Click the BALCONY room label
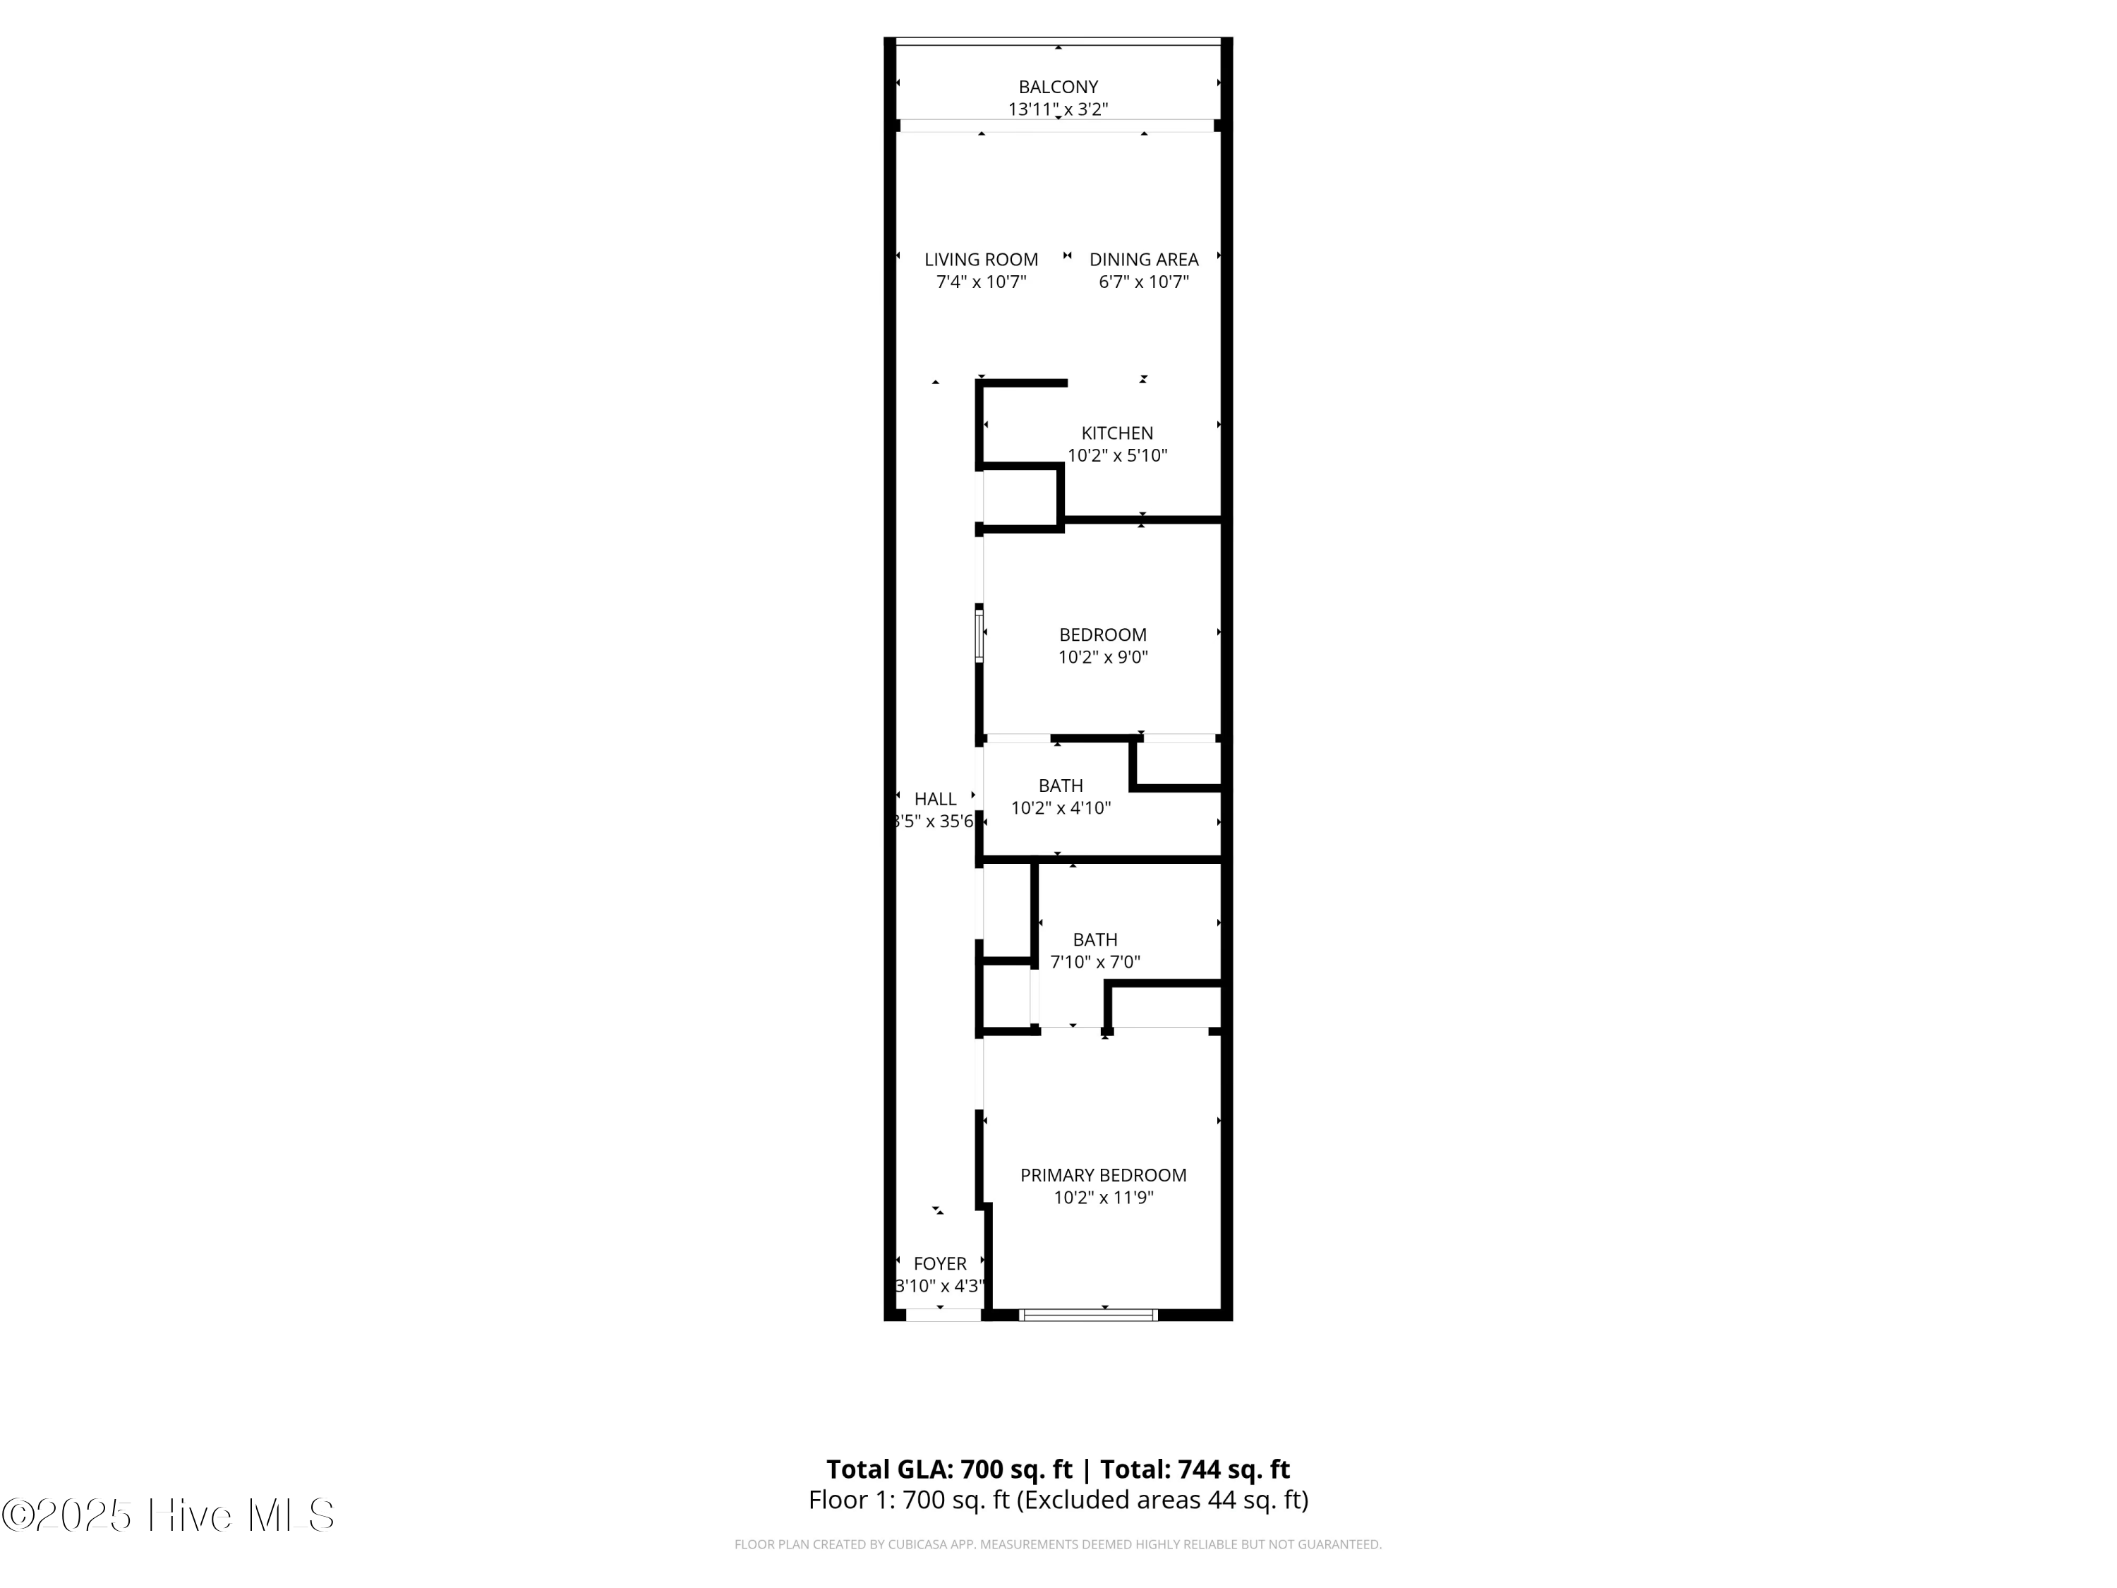point(1058,87)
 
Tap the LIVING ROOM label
point(981,260)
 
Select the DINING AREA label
point(1144,260)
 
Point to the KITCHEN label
point(1117,433)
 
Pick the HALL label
point(935,798)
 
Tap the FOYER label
point(940,1263)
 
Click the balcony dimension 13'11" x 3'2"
point(1058,109)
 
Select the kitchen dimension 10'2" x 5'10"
point(1117,456)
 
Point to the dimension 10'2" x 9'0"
point(1102,656)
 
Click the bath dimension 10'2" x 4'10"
point(1061,808)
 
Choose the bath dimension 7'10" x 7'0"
point(1095,962)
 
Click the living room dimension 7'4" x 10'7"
point(981,282)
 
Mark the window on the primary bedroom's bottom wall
point(1088,1315)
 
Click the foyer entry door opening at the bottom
point(943,1315)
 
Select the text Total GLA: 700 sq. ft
point(949,1469)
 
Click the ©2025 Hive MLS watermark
point(169,1515)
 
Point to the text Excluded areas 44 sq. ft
point(1161,1500)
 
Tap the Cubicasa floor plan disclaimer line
point(1058,1544)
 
